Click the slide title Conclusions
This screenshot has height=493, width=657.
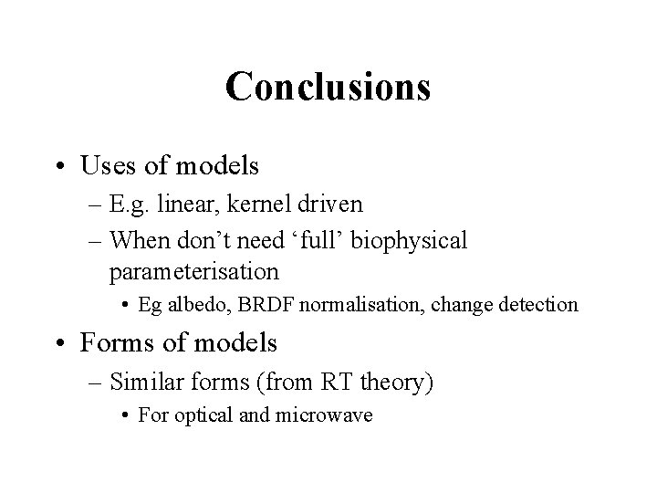tap(328, 88)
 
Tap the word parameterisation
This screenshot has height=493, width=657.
tap(193, 271)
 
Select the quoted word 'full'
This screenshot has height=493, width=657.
tap(326, 241)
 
